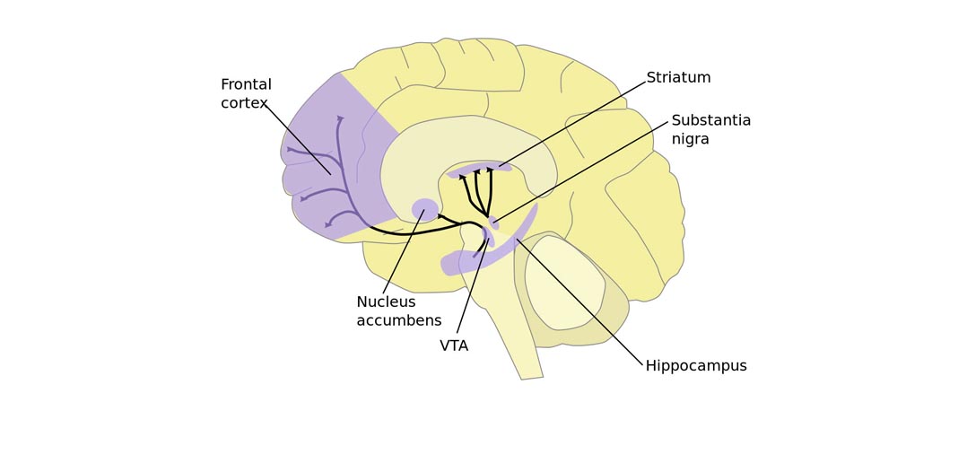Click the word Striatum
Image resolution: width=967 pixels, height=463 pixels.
[678, 78]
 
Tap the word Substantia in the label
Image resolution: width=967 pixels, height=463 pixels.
[710, 121]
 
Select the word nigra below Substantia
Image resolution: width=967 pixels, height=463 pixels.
[690, 140]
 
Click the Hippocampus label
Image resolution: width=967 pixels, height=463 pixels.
[696, 366]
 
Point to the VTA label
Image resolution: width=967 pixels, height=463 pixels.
[454, 346]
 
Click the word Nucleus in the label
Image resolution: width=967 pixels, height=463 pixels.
[386, 302]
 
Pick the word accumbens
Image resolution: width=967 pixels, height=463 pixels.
[399, 321]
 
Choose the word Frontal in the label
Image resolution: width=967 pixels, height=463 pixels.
[246, 85]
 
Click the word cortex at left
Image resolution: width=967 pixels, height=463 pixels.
[243, 103]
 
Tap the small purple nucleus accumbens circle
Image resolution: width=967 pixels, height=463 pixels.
[424, 210]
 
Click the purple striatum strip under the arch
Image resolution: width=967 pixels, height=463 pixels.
[480, 168]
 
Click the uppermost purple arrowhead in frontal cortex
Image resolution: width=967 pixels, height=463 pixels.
[340, 118]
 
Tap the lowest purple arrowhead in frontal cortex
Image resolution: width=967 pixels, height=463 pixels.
[328, 224]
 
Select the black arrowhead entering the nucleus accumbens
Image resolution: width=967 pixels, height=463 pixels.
[440, 216]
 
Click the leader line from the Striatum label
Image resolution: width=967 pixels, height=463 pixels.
[574, 124]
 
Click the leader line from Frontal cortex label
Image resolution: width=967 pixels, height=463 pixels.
[298, 139]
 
